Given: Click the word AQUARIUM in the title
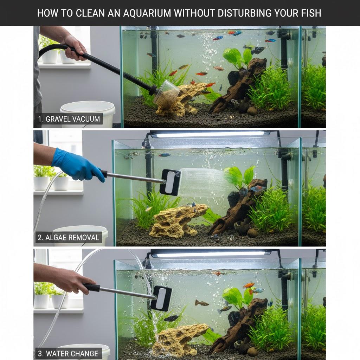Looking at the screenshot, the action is (x=147, y=13).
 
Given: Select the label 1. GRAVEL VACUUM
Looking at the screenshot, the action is (x=69, y=119).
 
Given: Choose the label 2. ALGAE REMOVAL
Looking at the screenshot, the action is (x=69, y=237).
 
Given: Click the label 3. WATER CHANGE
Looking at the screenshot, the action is (x=68, y=354).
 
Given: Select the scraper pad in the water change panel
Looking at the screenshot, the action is (x=161, y=298).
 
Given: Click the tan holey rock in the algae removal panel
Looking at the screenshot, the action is (x=177, y=221).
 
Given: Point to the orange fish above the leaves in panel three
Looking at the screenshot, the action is (x=249, y=285).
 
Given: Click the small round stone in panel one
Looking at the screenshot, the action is (x=252, y=111).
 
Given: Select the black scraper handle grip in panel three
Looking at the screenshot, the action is (x=92, y=288).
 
